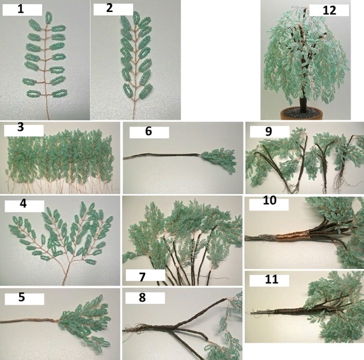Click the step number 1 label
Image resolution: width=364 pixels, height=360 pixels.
(x=20, y=9)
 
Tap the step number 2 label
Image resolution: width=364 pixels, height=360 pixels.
(x=109, y=8)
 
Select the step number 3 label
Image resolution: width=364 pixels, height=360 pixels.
(x=20, y=127)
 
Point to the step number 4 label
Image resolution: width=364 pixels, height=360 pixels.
(x=24, y=203)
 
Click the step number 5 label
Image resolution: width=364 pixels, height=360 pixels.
(x=22, y=297)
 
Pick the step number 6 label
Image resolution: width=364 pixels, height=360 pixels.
(x=149, y=131)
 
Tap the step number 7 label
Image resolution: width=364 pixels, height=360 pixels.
(x=142, y=277)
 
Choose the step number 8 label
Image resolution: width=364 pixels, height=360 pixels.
(x=142, y=297)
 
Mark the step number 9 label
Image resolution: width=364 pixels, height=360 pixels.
(x=268, y=131)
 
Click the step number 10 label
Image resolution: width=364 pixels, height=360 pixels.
(x=269, y=200)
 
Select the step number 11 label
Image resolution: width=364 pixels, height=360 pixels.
(x=271, y=279)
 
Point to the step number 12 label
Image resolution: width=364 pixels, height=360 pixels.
(x=329, y=10)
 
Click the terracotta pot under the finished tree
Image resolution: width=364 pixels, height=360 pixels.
(x=301, y=114)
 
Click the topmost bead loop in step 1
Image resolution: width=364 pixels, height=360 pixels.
(x=49, y=17)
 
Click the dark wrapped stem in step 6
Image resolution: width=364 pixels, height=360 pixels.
(x=162, y=156)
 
